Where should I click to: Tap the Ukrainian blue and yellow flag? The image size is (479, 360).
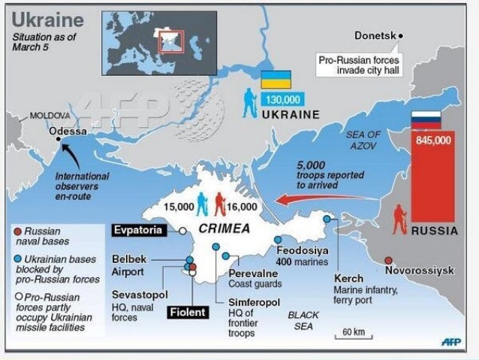(x=276, y=80)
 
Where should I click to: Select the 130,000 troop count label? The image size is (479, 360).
(x=282, y=99)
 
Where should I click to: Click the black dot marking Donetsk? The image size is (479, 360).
(x=401, y=35)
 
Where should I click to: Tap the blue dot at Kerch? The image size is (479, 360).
(x=327, y=219)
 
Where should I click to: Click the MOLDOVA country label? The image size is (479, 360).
(x=50, y=116)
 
